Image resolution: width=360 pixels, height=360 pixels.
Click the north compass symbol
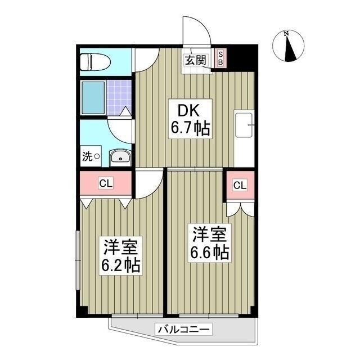tap(288, 46)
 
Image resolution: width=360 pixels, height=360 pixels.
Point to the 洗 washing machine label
tap(87, 157)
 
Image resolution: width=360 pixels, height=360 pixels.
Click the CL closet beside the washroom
tap(105, 183)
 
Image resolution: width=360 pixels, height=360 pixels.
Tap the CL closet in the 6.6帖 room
tap(240, 185)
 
